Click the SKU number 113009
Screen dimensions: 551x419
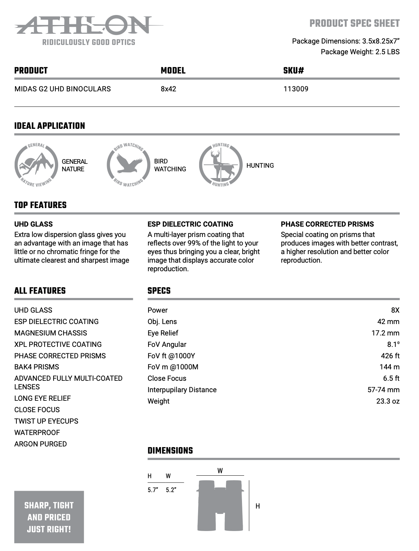[x=296, y=89]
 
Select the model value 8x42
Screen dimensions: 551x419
[x=168, y=89]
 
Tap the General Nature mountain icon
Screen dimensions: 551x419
[x=36, y=165]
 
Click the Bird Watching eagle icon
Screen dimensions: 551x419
[x=128, y=165]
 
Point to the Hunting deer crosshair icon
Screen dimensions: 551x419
[x=220, y=165]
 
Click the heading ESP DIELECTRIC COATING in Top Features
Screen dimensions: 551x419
[x=190, y=224]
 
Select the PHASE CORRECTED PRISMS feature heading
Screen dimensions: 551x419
[x=327, y=224]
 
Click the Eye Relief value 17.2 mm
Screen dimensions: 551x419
[x=385, y=333]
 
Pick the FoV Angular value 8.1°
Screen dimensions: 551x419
[x=393, y=344]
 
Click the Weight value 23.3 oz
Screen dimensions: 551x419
[x=388, y=401]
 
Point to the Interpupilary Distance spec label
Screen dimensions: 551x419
[x=182, y=390]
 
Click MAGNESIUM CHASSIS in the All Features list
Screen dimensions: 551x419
[x=51, y=333]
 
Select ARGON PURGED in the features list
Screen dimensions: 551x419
[x=41, y=444]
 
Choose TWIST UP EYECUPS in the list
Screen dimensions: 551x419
[x=46, y=421]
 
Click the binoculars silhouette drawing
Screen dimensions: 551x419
[x=220, y=505]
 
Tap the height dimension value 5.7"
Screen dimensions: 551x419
[x=152, y=490]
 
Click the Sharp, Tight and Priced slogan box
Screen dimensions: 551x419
[x=49, y=517]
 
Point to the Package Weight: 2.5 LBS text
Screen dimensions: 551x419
[x=360, y=52]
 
